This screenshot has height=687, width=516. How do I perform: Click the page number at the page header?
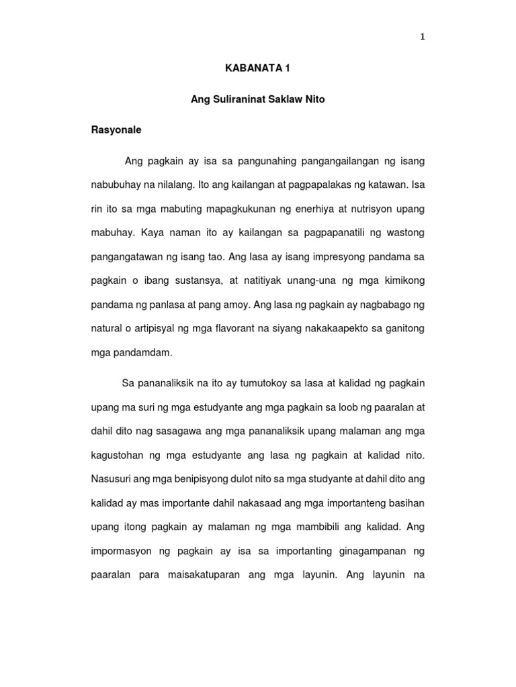[x=423, y=38]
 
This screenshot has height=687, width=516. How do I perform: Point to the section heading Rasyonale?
[x=116, y=130]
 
